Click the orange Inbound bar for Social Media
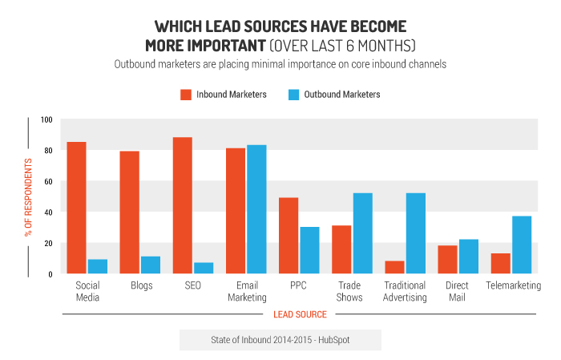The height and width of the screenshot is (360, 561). click(x=77, y=208)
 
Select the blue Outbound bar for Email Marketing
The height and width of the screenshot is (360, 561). click(x=256, y=210)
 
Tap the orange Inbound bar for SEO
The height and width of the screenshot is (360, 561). click(x=182, y=206)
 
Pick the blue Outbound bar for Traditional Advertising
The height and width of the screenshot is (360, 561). click(x=415, y=234)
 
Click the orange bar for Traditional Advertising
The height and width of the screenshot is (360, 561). click(x=394, y=268)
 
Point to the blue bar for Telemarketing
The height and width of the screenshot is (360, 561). click(x=521, y=245)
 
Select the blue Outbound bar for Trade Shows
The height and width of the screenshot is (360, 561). click(x=362, y=234)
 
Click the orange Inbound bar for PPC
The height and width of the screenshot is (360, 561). click(x=289, y=236)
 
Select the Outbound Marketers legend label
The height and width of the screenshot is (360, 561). click(x=343, y=95)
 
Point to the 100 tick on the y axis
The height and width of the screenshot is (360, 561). click(x=46, y=120)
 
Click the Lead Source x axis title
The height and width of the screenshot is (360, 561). click(x=300, y=314)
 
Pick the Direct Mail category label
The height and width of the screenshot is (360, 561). click(x=458, y=292)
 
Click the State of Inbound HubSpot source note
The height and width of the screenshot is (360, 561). click(x=280, y=340)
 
